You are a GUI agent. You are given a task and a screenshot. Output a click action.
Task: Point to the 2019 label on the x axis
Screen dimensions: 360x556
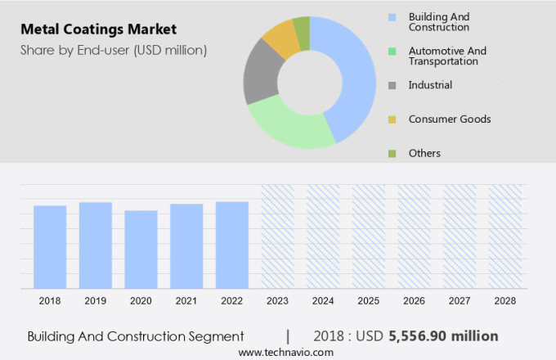coord(96,301)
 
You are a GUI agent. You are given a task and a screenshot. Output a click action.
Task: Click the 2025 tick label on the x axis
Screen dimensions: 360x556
coord(369,301)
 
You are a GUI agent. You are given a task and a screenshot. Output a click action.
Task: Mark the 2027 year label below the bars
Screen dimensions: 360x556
coord(460,301)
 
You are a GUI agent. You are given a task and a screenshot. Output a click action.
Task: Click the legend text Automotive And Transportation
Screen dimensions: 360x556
coord(446,56)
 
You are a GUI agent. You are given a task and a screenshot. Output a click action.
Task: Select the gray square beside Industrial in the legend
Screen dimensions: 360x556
coord(392,85)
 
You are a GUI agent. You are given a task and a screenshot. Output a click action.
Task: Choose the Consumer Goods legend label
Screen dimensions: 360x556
coord(449,119)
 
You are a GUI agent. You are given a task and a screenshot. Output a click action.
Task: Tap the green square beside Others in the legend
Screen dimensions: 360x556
coord(392,154)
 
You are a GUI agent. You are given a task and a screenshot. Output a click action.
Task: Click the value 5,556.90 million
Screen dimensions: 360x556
coord(443,336)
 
